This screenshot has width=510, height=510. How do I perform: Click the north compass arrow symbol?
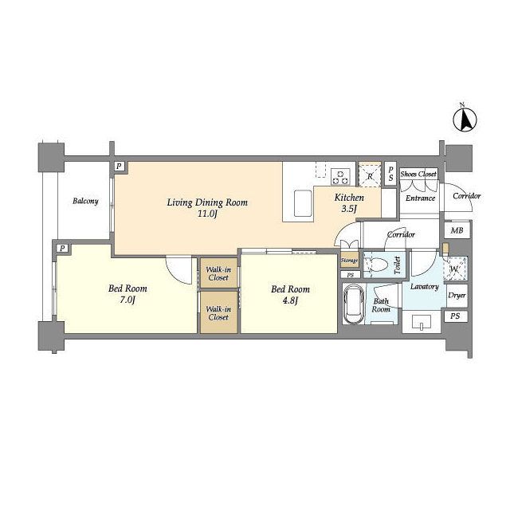pos(465,120)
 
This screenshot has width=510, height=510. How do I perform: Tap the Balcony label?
pos(85,201)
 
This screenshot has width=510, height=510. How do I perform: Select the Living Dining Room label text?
pos(207,202)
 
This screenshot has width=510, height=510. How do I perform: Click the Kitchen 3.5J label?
pos(349,202)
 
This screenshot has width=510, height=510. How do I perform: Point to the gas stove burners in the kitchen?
pos(340,177)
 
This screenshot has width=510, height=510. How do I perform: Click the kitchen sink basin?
pos(303,203)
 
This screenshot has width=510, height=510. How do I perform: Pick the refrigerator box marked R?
pos(370,175)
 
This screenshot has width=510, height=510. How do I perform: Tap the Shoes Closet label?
pos(418,174)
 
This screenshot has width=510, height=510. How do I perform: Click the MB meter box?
pos(457,230)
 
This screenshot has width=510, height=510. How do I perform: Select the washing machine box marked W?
pos(455,269)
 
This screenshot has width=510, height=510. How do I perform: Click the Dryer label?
pos(457,296)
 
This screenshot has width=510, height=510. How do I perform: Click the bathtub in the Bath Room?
pos(354,304)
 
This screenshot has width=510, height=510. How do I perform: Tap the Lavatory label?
pos(424,287)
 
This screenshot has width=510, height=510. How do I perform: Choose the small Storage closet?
pos(350,261)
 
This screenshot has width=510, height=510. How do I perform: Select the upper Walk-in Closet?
pos(218,273)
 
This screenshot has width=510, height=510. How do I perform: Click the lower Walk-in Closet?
pos(218,312)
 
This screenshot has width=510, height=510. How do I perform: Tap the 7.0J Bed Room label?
pos(127,294)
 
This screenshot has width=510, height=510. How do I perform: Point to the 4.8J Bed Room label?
pos(290,294)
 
